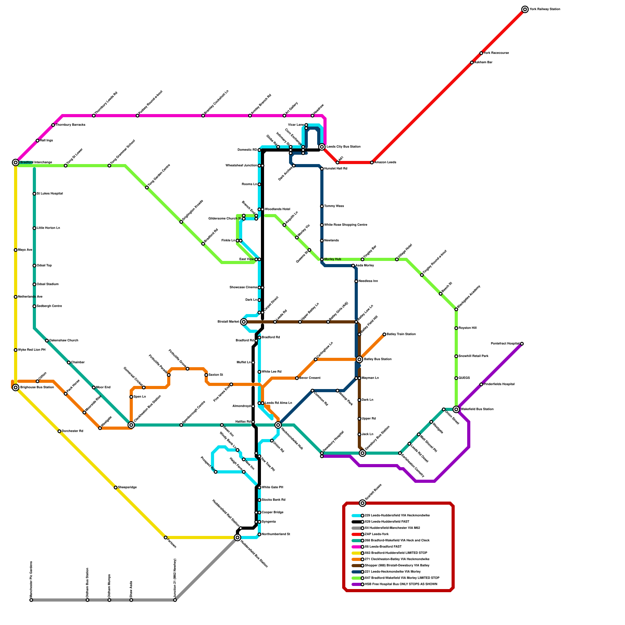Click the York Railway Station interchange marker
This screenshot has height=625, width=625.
525,9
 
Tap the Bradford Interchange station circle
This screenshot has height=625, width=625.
16,162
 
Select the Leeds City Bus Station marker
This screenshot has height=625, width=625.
322,147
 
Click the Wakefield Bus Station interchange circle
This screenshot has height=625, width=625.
456,409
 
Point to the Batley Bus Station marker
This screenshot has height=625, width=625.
359,359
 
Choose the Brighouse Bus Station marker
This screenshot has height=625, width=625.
16,387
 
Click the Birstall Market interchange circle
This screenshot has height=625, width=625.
244,322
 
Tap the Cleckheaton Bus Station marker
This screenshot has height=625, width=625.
131,425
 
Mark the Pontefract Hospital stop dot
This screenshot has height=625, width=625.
522,344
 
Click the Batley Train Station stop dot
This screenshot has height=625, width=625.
384,334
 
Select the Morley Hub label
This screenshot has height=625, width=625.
332,259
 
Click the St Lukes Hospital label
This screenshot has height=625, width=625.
50,194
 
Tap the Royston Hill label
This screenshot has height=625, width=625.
467,328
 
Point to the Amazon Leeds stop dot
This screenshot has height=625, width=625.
372,162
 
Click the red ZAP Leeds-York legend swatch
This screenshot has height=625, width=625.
356,534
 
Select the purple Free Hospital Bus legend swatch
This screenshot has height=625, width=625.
356,584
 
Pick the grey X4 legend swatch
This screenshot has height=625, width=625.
356,528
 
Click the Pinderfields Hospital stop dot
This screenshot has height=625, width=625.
481,384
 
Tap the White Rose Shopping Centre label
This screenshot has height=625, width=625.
345,225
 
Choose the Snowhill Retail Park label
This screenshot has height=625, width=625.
473,356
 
